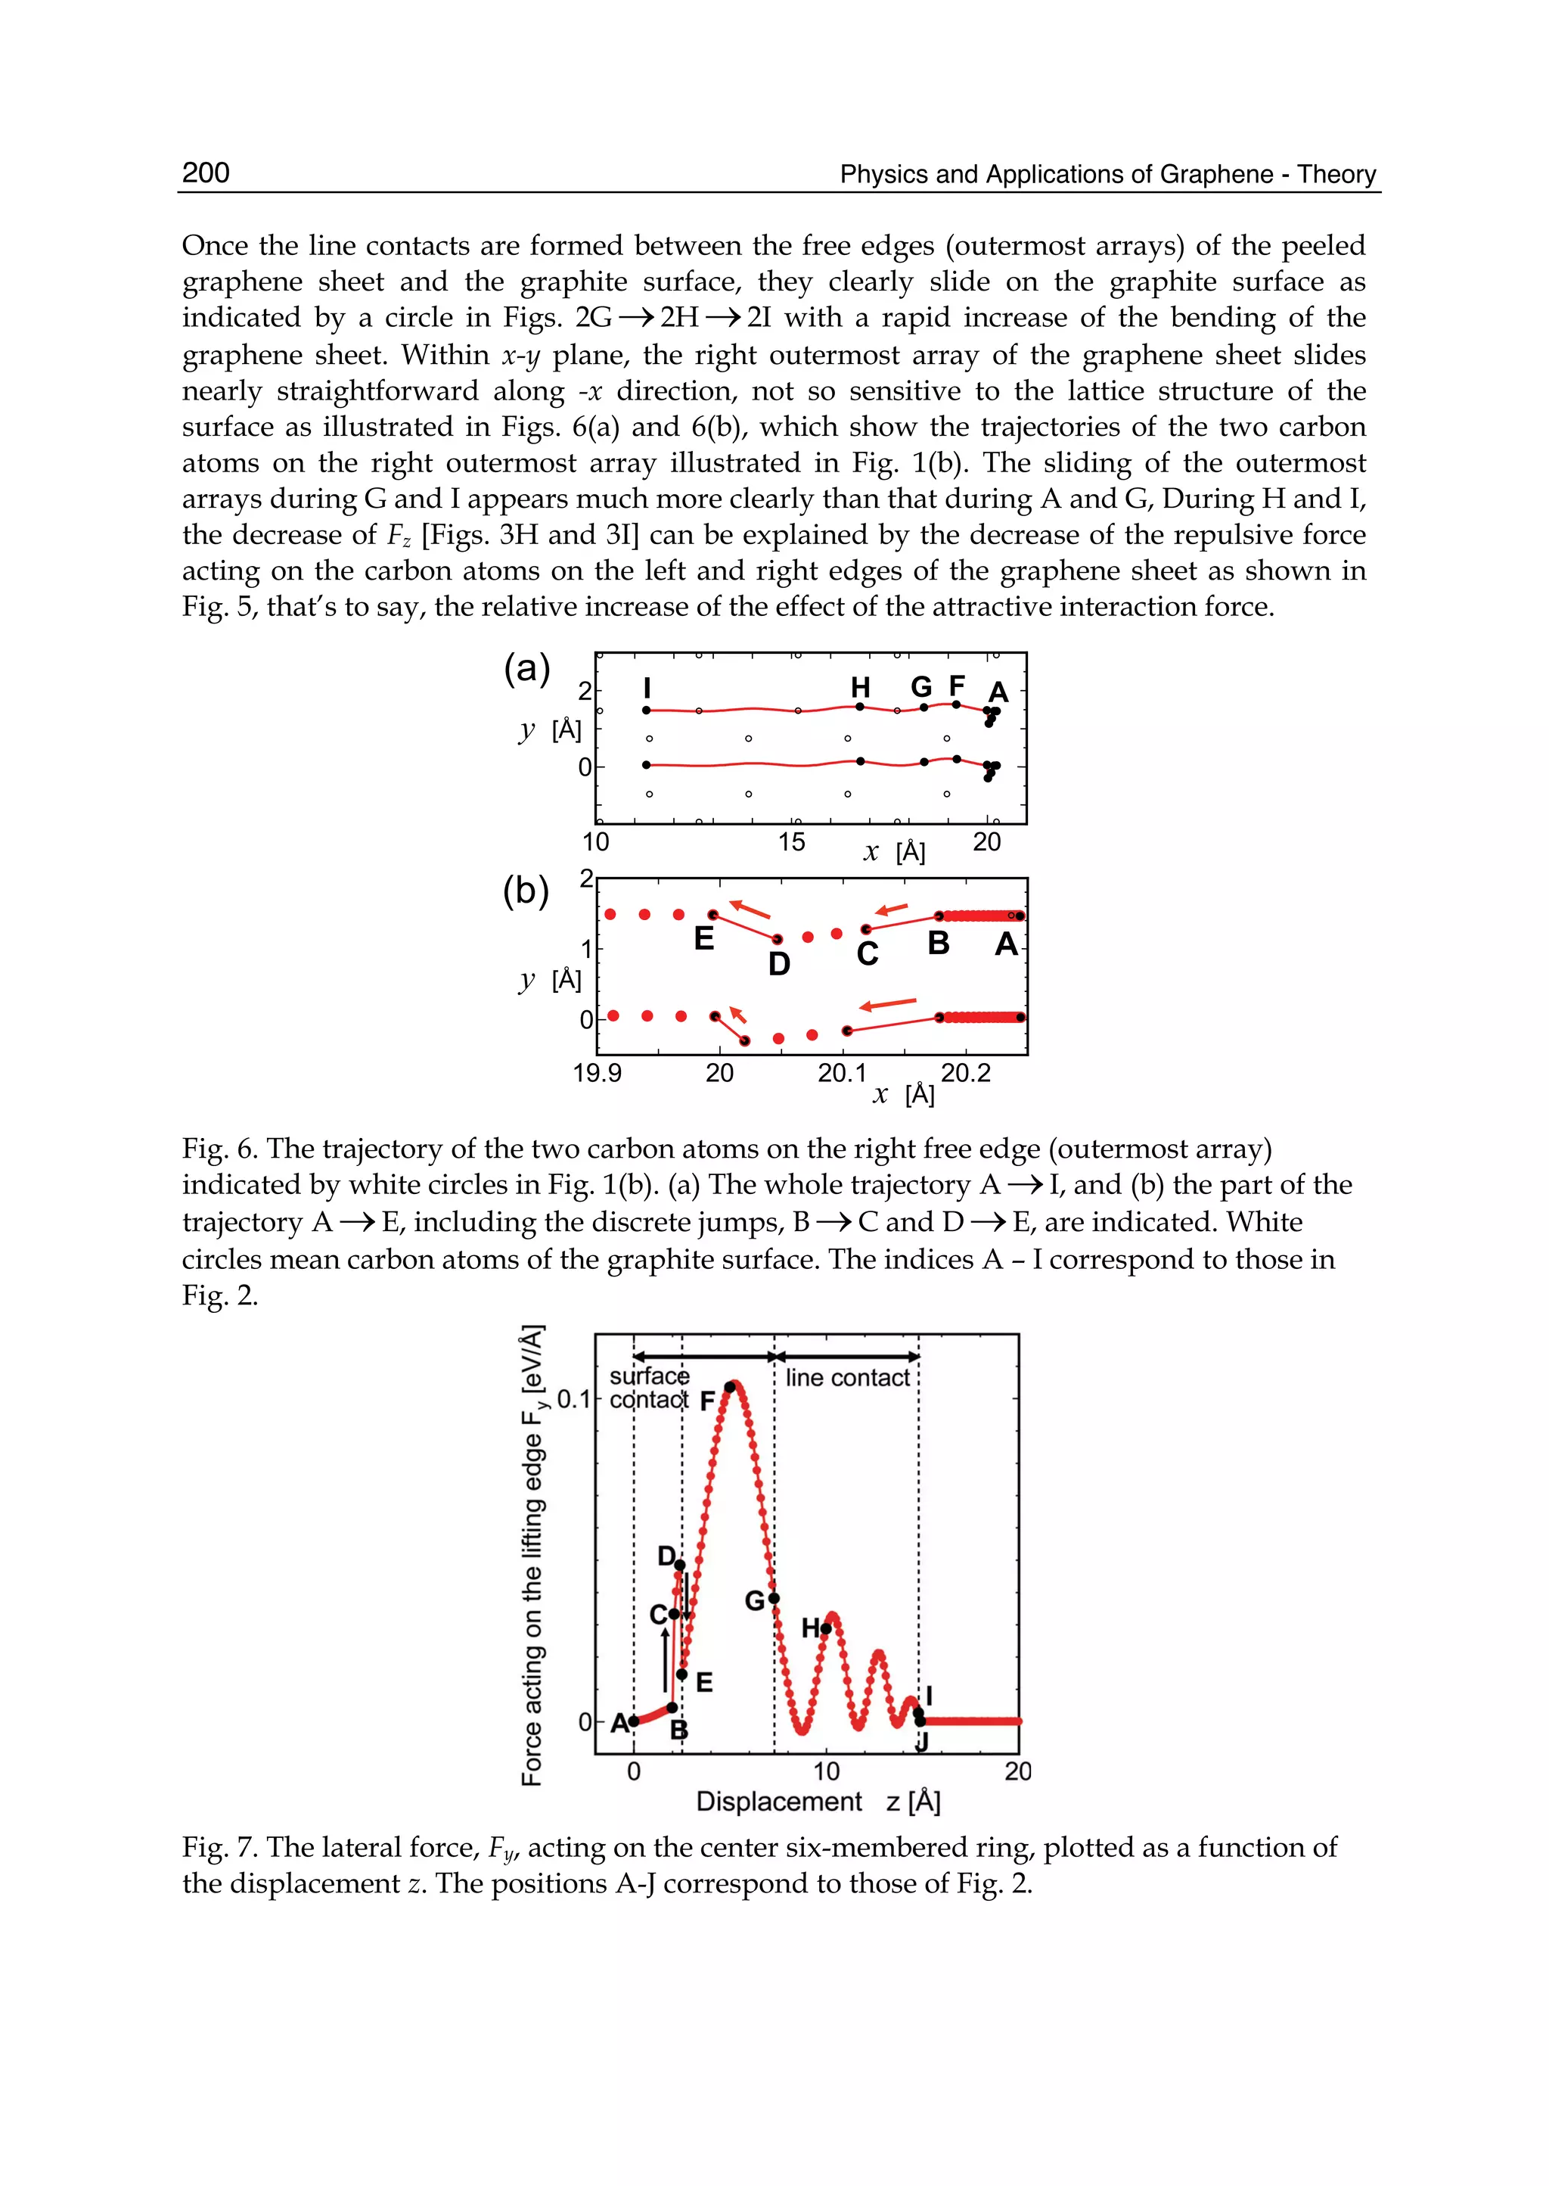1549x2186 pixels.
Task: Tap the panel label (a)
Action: click(526, 669)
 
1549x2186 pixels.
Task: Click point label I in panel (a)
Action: click(647, 688)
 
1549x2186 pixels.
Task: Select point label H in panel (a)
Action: click(860, 687)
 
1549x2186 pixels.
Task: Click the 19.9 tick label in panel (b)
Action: click(597, 1074)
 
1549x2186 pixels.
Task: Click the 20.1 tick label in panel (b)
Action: click(843, 1074)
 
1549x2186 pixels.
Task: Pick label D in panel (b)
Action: click(779, 965)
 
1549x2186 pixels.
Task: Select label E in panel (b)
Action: click(704, 939)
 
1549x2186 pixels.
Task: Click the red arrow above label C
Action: click(892, 910)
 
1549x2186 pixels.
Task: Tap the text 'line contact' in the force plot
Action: click(847, 1378)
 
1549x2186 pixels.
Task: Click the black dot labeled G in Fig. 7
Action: click(774, 1598)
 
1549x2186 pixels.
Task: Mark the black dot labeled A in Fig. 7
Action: click(633, 1721)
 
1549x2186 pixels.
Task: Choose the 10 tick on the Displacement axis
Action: click(826, 1772)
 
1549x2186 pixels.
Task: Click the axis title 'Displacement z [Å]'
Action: click(818, 1802)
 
